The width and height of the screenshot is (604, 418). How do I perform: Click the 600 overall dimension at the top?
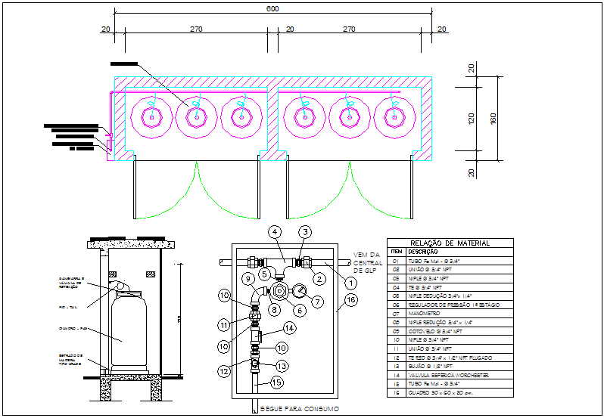click(272, 9)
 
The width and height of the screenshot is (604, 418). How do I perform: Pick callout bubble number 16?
click(350, 300)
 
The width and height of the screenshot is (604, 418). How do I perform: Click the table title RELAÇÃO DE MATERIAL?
click(450, 243)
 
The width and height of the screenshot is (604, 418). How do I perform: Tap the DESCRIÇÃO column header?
click(422, 252)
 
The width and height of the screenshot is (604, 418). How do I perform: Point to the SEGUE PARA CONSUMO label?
click(288, 408)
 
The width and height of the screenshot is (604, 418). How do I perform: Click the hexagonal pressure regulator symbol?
click(279, 290)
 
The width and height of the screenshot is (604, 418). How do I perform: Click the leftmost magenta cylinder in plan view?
click(152, 117)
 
